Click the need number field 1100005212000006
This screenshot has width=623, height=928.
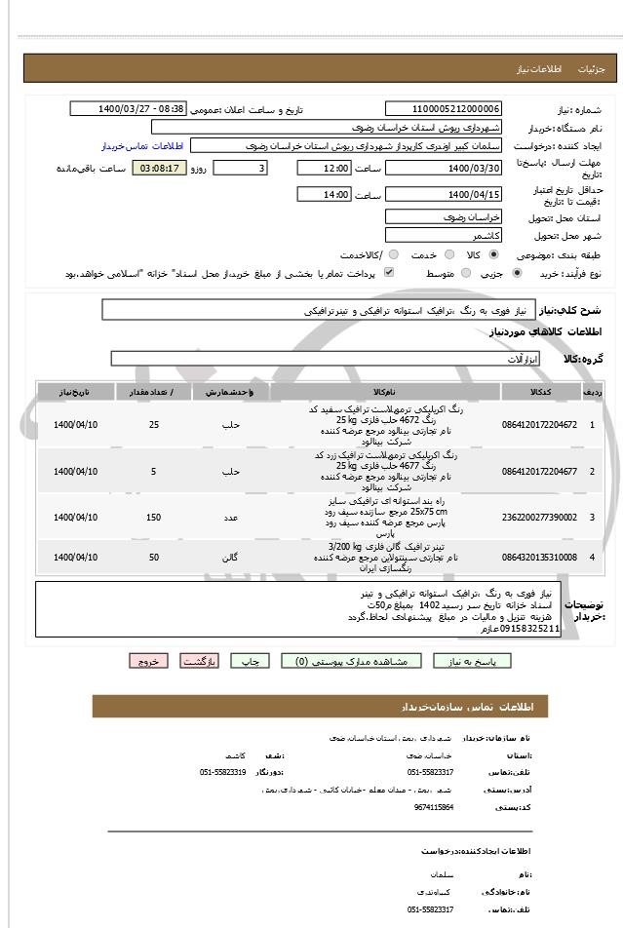(x=444, y=109)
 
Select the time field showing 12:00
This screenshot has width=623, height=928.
(x=324, y=168)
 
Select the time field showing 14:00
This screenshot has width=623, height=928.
(x=324, y=194)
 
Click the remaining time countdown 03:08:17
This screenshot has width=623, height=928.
(x=161, y=168)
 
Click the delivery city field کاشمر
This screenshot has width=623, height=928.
(x=444, y=236)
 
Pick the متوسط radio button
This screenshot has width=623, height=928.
(x=465, y=274)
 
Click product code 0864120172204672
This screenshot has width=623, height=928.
(x=539, y=425)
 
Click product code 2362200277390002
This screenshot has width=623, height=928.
(x=539, y=517)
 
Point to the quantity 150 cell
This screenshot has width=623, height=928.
(x=154, y=517)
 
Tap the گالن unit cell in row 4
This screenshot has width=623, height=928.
(x=231, y=558)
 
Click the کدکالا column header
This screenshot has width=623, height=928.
(x=539, y=392)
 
